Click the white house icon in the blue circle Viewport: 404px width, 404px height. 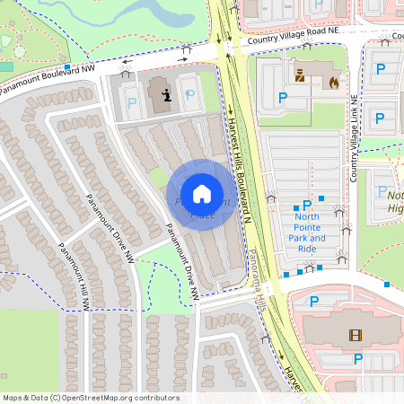pyautogui.click(x=202, y=192)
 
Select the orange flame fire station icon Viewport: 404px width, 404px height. pyautogui.click(x=334, y=81)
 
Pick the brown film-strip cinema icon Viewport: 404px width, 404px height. pyautogui.click(x=355, y=336)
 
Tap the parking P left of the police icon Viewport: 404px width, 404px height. pyautogui.click(x=283, y=97)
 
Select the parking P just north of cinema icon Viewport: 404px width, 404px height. pyautogui.click(x=360, y=358)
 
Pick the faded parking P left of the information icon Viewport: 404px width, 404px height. pyautogui.click(x=133, y=104)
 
